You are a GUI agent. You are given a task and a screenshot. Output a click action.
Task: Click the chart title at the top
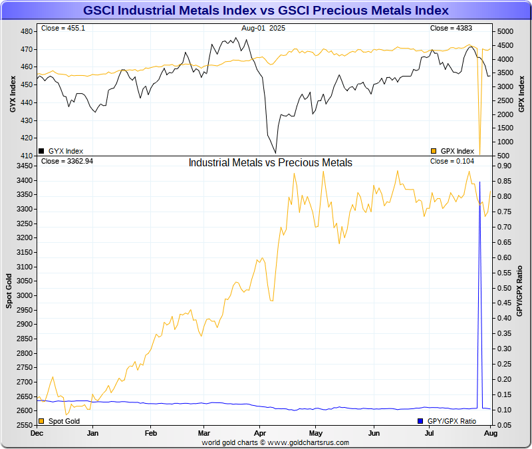point(266,11)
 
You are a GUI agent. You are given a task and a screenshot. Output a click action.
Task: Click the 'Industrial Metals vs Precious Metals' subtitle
point(270,162)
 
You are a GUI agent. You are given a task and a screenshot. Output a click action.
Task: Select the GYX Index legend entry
point(61,151)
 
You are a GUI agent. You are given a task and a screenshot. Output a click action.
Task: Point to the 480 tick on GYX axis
point(27,32)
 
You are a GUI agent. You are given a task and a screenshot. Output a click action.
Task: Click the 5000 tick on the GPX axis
point(506,32)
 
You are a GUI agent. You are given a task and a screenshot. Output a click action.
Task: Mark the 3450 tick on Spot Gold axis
point(25,166)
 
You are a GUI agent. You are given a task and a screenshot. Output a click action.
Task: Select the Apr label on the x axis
point(260,433)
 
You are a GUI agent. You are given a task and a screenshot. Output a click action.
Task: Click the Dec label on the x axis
point(37,433)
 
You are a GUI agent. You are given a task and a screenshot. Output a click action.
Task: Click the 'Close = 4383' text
point(450,29)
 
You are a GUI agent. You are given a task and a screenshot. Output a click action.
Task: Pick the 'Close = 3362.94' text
point(67,161)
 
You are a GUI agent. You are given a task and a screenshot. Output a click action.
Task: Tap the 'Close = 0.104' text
point(452,161)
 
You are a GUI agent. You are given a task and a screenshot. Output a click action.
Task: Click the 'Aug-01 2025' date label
point(263,29)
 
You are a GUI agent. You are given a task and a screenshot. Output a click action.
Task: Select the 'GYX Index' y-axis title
point(13,93)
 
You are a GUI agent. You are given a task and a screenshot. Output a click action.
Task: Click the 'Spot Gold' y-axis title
point(10,290)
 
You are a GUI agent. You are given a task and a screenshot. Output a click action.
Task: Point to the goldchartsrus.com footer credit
point(275,442)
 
